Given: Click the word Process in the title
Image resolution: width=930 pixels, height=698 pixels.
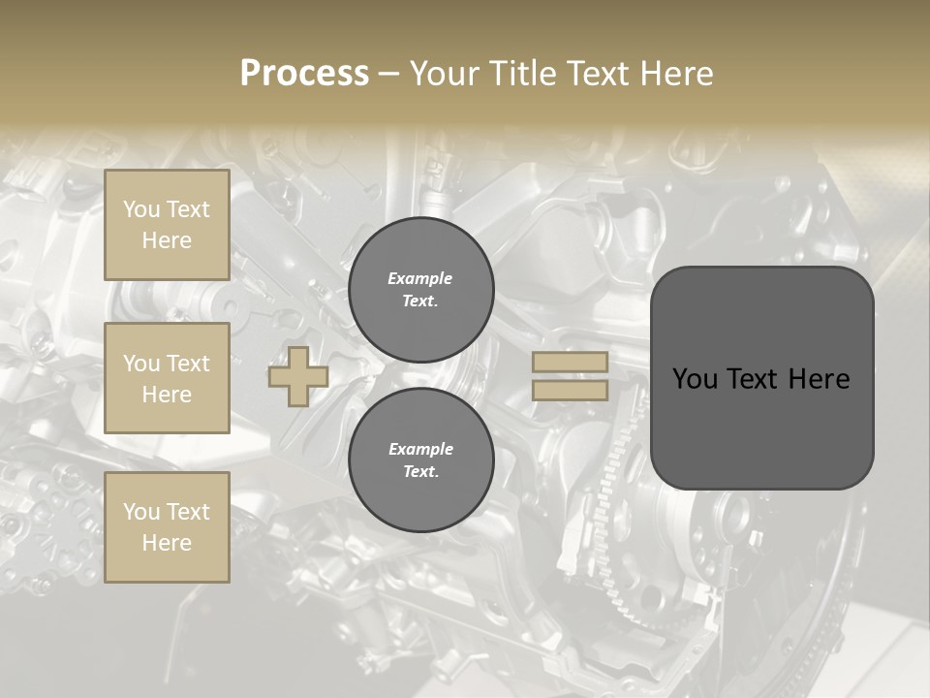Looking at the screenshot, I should (304, 74).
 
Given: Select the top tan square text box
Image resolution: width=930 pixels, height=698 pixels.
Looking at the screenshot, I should (167, 225).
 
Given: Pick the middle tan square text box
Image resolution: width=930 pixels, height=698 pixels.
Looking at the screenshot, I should (167, 378).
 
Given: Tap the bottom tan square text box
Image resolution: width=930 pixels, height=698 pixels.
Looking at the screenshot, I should (167, 527).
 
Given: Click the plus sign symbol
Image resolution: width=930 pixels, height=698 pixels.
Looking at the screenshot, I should (298, 377).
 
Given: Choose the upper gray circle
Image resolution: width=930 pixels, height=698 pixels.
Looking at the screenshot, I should (420, 290).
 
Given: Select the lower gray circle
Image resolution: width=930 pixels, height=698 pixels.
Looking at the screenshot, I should (420, 460).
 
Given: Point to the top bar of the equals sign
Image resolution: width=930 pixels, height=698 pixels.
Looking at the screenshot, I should (570, 363).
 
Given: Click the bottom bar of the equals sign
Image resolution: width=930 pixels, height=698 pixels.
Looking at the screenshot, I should (570, 391).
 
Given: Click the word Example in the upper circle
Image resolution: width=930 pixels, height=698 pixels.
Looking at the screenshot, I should (420, 278).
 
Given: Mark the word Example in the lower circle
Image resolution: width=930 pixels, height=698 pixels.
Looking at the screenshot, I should (420, 449).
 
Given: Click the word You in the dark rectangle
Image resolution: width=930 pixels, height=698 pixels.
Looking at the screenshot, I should (694, 379).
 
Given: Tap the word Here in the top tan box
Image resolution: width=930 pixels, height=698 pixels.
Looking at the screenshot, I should (167, 240).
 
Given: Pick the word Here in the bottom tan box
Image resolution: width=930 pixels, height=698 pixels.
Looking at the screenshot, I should (167, 543).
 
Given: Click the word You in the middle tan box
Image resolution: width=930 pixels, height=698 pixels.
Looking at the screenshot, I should (141, 364).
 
